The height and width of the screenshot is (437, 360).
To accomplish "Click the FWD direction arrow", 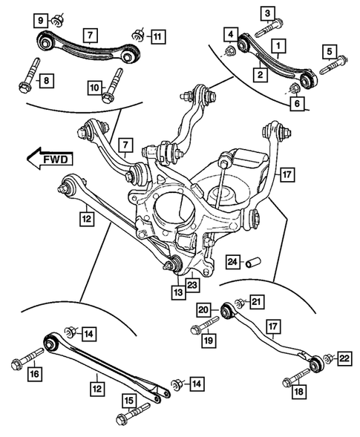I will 47,158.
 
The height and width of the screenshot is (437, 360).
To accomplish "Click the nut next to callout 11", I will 139,33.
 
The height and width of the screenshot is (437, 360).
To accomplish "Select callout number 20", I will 203,310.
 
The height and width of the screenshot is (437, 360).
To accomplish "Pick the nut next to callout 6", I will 293,91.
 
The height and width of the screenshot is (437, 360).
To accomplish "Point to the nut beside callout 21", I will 239,303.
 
